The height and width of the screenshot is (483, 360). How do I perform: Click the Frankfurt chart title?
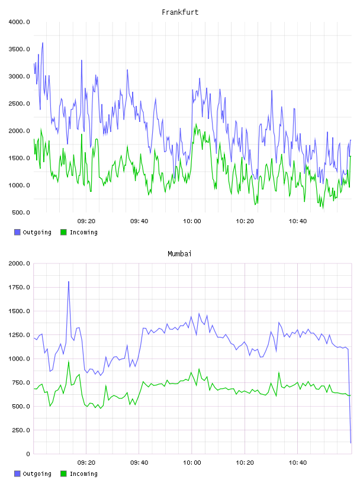point(180,12)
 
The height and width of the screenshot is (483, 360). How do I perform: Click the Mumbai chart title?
point(179,254)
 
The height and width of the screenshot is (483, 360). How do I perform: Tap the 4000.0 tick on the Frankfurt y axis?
point(20,22)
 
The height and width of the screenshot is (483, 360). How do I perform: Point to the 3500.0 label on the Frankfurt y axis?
point(20,49)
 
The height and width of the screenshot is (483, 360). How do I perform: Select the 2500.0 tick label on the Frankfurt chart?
point(20,104)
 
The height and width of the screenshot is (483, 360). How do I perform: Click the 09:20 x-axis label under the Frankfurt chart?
point(86,221)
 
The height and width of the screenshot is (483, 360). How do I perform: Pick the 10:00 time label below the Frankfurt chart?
point(192,221)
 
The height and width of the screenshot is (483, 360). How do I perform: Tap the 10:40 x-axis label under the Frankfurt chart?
point(298,221)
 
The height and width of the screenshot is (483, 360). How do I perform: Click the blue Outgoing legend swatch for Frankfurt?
point(17,232)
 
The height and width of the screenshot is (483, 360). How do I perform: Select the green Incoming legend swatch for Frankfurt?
point(63,232)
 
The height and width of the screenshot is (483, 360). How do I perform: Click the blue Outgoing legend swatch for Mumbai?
point(17,474)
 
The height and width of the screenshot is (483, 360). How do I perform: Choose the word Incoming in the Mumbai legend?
point(84,474)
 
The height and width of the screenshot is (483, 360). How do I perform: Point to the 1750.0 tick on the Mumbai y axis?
point(20,288)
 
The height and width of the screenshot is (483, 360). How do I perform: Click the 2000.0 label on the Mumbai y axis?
point(20,263)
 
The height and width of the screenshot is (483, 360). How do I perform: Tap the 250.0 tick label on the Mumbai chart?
point(21,430)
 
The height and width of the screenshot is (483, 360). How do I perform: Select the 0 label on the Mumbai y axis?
point(28,454)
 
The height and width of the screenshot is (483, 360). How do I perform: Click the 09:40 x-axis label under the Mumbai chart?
point(139,463)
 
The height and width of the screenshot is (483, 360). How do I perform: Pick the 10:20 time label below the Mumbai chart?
point(245,463)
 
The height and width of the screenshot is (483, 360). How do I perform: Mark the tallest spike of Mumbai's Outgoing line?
point(69,281)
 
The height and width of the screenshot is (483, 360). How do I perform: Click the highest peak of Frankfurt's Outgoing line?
point(43,43)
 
